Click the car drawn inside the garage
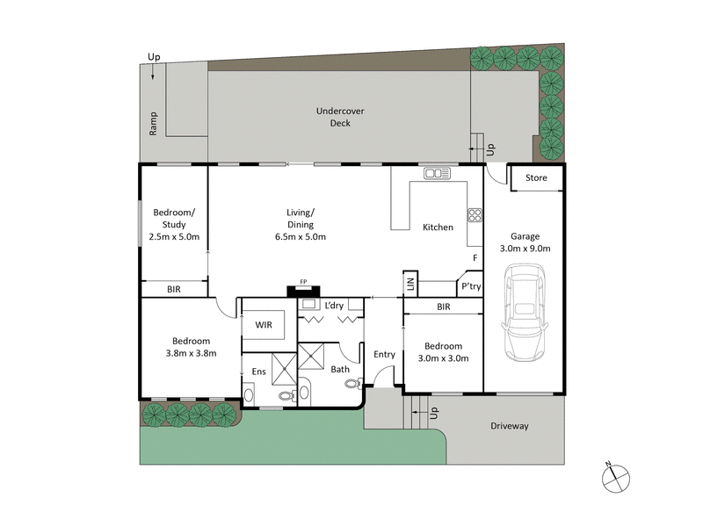pyautogui.click(x=525, y=315)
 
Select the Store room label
pyautogui.click(x=536, y=178)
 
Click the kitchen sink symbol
pyautogui.click(x=437, y=173)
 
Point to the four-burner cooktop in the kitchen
pyautogui.click(x=475, y=214)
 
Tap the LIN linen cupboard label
pyautogui.click(x=409, y=284)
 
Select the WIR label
pyautogui.click(x=264, y=324)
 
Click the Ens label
pyautogui.click(x=259, y=372)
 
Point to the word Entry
pyautogui.click(x=384, y=354)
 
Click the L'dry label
pyautogui.click(x=334, y=305)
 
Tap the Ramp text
pyautogui.click(x=153, y=125)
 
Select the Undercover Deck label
pyautogui.click(x=339, y=117)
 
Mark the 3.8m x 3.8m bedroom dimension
pyautogui.click(x=191, y=353)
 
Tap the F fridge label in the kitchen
pyautogui.click(x=475, y=258)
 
